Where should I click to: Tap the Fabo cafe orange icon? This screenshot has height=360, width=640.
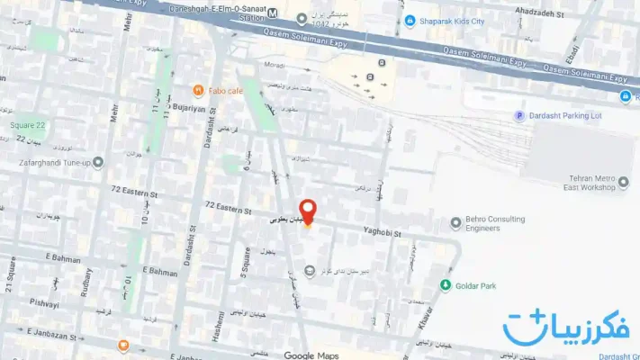click(198, 90)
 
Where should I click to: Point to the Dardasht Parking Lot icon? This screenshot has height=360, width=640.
click(518, 115)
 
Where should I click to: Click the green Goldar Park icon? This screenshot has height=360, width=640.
click(445, 285)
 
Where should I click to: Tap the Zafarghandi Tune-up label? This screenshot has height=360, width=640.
click(53, 163)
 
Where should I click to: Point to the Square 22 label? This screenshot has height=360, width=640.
click(27, 125)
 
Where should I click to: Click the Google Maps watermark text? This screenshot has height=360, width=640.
click(311, 355)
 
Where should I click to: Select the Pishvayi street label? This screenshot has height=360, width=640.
click(43, 302)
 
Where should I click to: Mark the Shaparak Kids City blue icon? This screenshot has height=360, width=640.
click(410, 21)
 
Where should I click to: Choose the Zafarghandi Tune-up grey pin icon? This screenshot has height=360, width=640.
click(98, 163)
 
